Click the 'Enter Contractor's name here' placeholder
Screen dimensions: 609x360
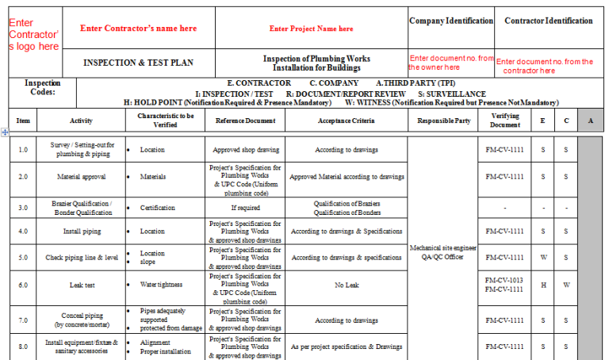(139, 29)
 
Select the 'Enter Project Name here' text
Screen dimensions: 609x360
(312, 29)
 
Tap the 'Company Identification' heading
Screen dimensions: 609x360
(450, 21)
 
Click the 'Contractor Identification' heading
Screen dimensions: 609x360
(549, 21)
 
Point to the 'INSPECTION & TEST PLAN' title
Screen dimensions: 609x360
(139, 63)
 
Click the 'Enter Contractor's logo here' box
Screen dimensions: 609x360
(33, 35)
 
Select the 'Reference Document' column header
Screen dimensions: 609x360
(245, 121)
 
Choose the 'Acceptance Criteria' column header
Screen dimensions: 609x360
(347, 121)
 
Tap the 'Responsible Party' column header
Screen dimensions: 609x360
(443, 121)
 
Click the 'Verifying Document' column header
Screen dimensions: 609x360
(505, 121)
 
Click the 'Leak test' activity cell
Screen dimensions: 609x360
(81, 285)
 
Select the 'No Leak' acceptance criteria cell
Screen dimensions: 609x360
(347, 285)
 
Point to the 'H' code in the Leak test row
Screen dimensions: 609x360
(542, 285)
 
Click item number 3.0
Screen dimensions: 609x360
(23, 208)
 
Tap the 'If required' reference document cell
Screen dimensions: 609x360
(245, 208)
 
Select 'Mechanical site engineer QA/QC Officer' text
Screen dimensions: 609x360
(443, 252)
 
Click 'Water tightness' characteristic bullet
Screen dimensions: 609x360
(162, 285)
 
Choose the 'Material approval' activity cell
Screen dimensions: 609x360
(81, 177)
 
